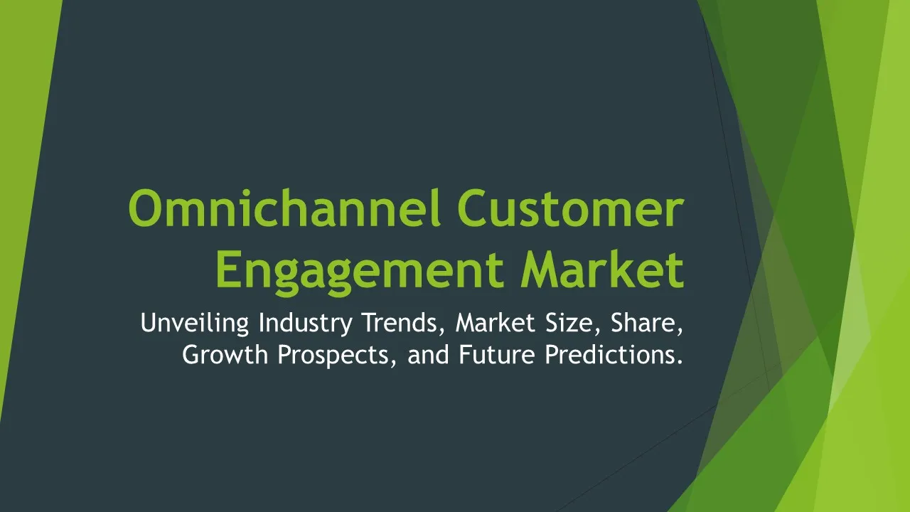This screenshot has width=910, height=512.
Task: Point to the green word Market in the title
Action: [x=603, y=268]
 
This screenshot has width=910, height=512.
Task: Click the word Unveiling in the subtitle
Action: [x=195, y=323]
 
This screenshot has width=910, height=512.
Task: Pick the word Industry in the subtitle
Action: [x=306, y=324]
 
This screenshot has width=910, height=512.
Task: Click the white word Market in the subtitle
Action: [x=496, y=323]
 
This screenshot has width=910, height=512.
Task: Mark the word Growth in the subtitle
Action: [x=225, y=354]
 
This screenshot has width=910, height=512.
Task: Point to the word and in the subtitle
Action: [x=428, y=354]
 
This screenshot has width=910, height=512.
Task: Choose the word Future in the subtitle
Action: [x=497, y=354]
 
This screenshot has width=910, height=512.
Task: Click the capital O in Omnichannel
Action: [x=146, y=208]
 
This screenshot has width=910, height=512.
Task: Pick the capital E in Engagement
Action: [x=229, y=270]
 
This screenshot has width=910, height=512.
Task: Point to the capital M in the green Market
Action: [x=542, y=270]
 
